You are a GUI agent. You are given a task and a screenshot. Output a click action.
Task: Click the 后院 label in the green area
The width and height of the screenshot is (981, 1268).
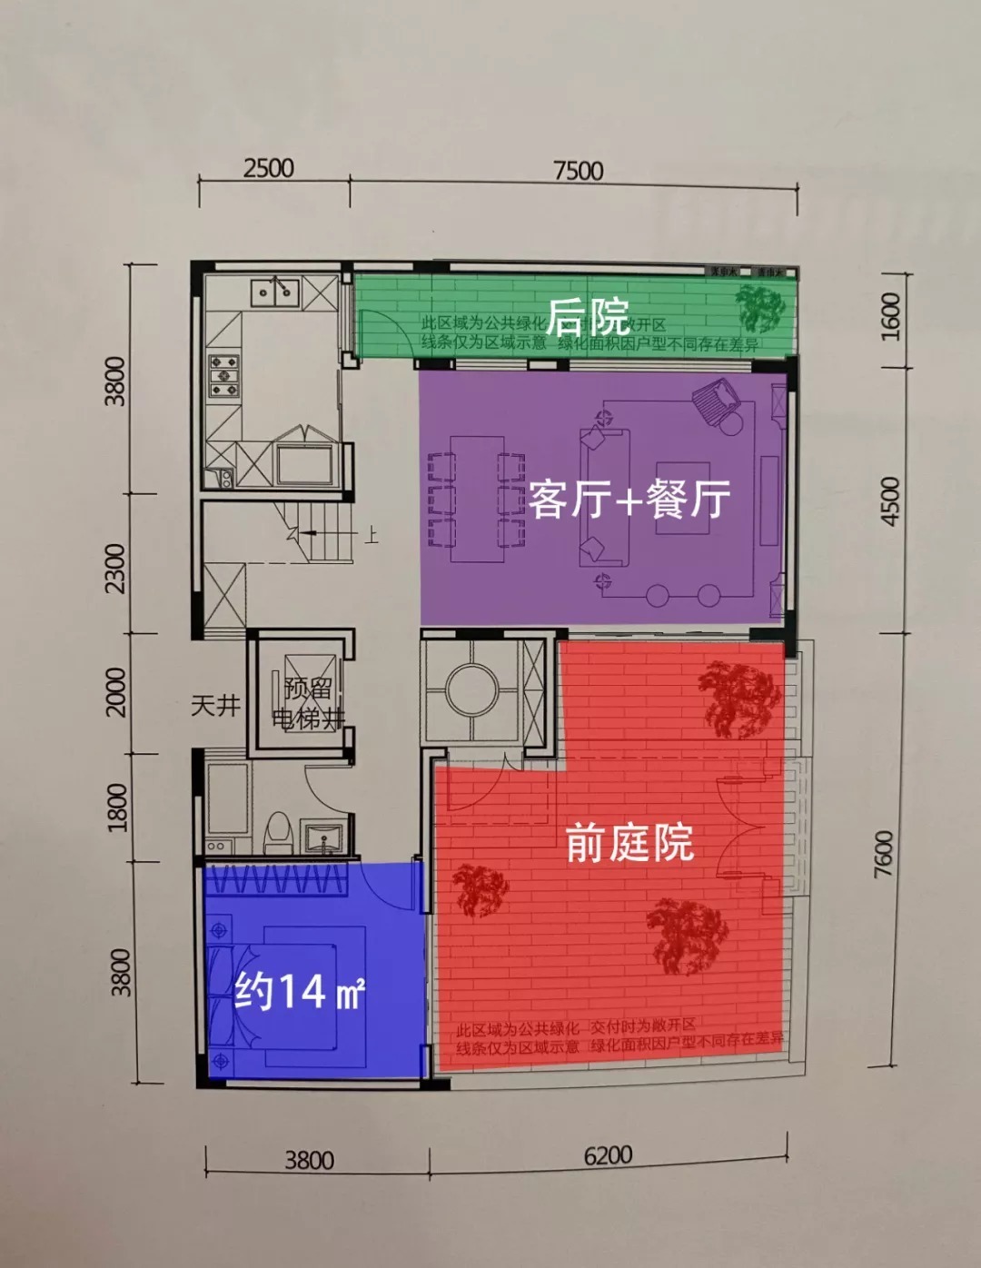click(588, 317)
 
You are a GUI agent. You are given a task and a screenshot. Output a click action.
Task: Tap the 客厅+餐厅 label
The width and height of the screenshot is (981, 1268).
click(629, 500)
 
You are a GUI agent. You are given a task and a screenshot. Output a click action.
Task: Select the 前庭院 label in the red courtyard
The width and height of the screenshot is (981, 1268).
click(629, 843)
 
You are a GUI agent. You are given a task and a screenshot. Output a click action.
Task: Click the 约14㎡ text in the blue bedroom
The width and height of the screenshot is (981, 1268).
click(299, 991)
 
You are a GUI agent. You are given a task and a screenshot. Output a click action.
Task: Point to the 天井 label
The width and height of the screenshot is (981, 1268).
click(215, 705)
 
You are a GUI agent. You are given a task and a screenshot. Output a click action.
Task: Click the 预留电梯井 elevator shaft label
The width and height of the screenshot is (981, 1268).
click(308, 704)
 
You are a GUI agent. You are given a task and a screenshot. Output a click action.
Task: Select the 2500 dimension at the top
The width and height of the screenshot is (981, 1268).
click(269, 168)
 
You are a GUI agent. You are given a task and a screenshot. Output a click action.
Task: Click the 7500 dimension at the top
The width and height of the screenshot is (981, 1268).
click(578, 171)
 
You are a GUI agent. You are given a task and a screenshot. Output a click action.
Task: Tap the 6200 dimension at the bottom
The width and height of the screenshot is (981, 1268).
click(608, 1156)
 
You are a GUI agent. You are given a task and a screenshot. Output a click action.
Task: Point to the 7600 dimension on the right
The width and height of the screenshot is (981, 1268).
click(883, 854)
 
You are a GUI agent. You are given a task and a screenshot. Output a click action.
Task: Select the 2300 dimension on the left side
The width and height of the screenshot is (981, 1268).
click(116, 568)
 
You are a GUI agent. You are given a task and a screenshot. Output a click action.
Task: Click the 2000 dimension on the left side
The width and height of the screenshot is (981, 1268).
click(116, 691)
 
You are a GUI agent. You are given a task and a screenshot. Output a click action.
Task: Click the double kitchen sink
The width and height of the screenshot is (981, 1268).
click(274, 291)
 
